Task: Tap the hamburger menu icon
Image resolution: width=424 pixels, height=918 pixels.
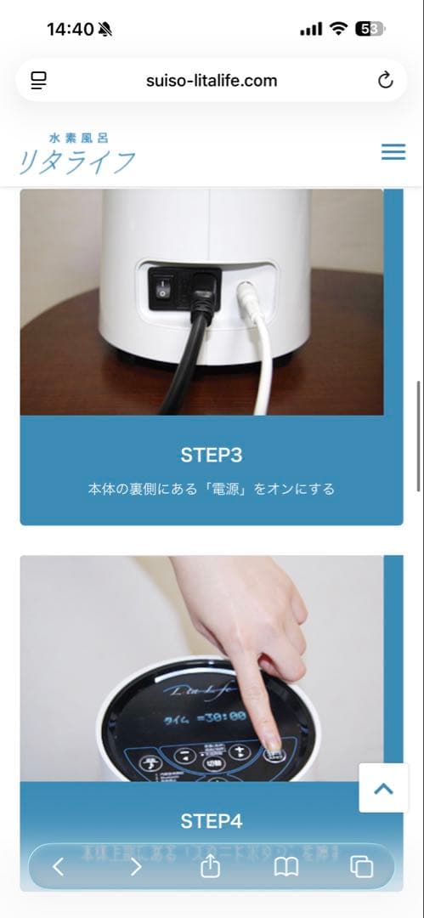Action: (x=393, y=152)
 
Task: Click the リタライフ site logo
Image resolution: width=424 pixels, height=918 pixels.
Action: (x=76, y=154)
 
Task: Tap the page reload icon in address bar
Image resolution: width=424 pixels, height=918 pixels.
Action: (x=385, y=81)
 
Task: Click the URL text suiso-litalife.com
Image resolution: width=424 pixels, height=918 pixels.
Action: (x=212, y=81)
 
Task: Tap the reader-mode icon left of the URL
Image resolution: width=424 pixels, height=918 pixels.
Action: (x=39, y=81)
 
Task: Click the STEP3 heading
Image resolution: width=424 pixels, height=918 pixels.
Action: (x=212, y=455)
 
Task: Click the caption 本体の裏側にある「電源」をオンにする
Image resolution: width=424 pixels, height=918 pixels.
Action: (x=212, y=489)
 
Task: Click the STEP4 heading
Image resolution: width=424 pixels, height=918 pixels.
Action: (x=212, y=821)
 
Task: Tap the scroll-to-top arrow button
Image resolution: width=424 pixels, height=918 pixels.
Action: (x=383, y=788)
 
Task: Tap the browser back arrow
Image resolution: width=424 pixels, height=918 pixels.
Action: (x=59, y=866)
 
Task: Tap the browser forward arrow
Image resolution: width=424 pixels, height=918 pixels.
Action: (x=135, y=866)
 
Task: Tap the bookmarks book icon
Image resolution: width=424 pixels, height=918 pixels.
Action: (x=286, y=866)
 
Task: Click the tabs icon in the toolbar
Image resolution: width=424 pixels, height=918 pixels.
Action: (x=362, y=866)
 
